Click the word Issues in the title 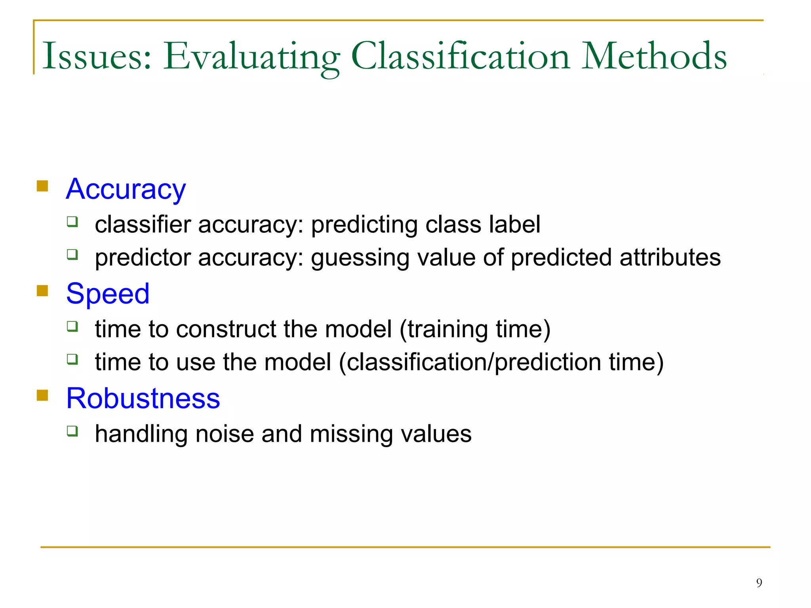click(97, 56)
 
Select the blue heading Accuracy click(126, 189)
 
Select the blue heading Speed click(108, 294)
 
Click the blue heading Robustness click(143, 398)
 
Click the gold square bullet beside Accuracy click(42, 186)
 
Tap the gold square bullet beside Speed click(42, 291)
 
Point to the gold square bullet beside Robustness click(42, 395)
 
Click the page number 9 click(759, 583)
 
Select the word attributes click(670, 257)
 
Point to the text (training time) click(475, 329)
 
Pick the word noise click(225, 434)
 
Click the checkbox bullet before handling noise click(72, 431)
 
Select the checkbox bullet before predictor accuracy click(72, 254)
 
